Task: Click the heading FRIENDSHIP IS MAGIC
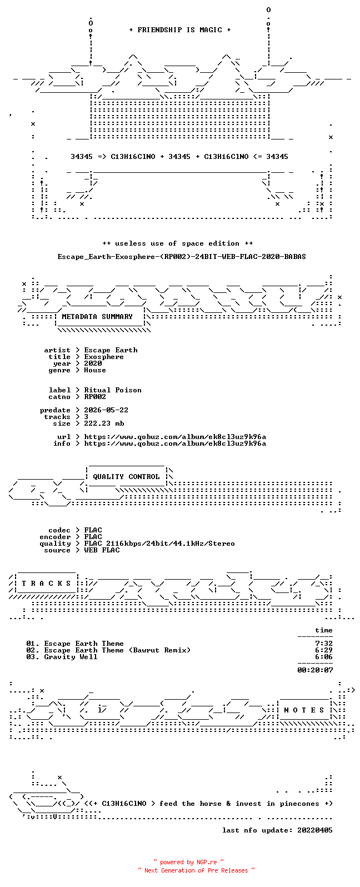pyautogui.click(x=180, y=29)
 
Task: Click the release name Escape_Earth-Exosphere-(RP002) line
pyautogui.click(x=182, y=257)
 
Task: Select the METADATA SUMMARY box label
pyautogui.click(x=97, y=316)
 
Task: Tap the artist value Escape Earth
pyautogui.click(x=111, y=350)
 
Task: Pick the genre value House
pyautogui.click(x=95, y=370)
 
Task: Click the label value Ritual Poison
pyautogui.click(x=113, y=390)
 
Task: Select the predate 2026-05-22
pyautogui.click(x=106, y=410)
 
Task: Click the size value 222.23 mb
pyautogui.click(x=104, y=423)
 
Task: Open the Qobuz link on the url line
pyautogui.click(x=175, y=437)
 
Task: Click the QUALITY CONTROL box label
pyautogui.click(x=126, y=477)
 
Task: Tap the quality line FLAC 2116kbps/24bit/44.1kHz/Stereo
pyautogui.click(x=159, y=544)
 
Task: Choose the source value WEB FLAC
pyautogui.click(x=102, y=550)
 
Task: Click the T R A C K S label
pyautogui.click(x=46, y=584)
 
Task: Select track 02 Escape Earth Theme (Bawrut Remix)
pyautogui.click(x=108, y=650)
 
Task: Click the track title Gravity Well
pyautogui.click(x=71, y=657)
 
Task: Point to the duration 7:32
pyautogui.click(x=324, y=644)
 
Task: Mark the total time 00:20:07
pyautogui.click(x=315, y=670)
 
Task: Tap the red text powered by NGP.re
pyautogui.click(x=188, y=862)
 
